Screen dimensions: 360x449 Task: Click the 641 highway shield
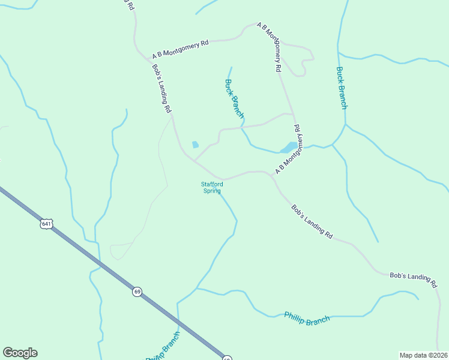pyautogui.click(x=47, y=223)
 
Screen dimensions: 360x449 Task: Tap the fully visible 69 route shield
pyautogui.click(x=137, y=292)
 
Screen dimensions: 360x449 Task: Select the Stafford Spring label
pyautogui.click(x=212, y=187)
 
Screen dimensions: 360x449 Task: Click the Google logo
pyautogui.click(x=20, y=353)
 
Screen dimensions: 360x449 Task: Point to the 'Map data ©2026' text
pyautogui.click(x=424, y=355)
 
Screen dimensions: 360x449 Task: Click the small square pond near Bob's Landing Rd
pyautogui.click(x=194, y=145)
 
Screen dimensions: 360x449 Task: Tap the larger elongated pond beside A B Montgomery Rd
pyautogui.click(x=288, y=147)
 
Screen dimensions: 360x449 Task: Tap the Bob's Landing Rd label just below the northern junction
pyautogui.click(x=162, y=89)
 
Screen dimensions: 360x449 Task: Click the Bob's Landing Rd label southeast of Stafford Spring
pyautogui.click(x=312, y=222)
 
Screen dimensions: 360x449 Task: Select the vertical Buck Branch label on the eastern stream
pyautogui.click(x=341, y=88)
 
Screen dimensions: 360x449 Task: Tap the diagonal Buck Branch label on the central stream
pyautogui.click(x=234, y=98)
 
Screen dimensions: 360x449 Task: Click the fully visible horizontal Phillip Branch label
pyautogui.click(x=307, y=319)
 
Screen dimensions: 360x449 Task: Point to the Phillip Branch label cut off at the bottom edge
pyautogui.click(x=163, y=349)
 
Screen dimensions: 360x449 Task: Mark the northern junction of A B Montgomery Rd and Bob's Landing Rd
pyautogui.click(x=148, y=59)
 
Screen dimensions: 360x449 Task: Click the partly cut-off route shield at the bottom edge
pyautogui.click(x=227, y=358)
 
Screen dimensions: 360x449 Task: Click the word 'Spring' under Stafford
pyautogui.click(x=212, y=191)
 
